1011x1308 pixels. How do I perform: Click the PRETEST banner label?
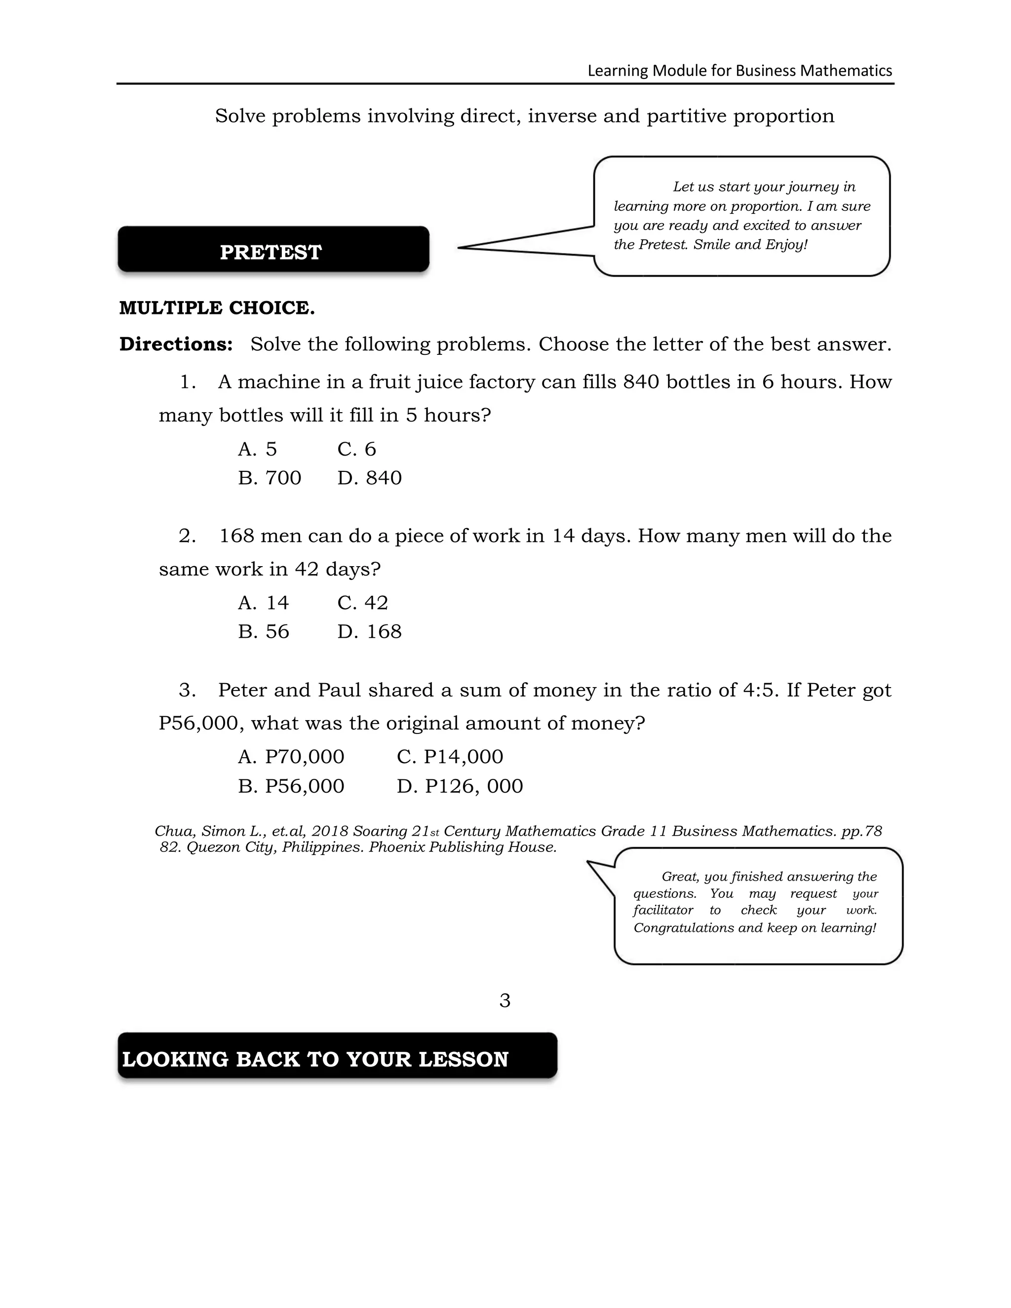click(271, 252)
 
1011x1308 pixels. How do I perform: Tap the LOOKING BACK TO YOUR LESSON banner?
click(315, 1059)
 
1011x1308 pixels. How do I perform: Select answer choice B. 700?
click(270, 478)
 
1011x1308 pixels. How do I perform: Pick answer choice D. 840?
click(369, 478)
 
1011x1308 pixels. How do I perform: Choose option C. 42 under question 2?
click(362, 603)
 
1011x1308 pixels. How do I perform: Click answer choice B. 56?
click(264, 632)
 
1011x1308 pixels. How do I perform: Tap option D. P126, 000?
click(460, 786)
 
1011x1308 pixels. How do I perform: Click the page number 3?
click(505, 1000)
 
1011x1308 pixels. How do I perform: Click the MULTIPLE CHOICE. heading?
click(217, 308)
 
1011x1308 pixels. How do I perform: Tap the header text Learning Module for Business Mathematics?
click(739, 71)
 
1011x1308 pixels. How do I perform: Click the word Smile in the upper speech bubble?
click(711, 244)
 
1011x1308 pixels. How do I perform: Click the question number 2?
click(187, 536)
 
